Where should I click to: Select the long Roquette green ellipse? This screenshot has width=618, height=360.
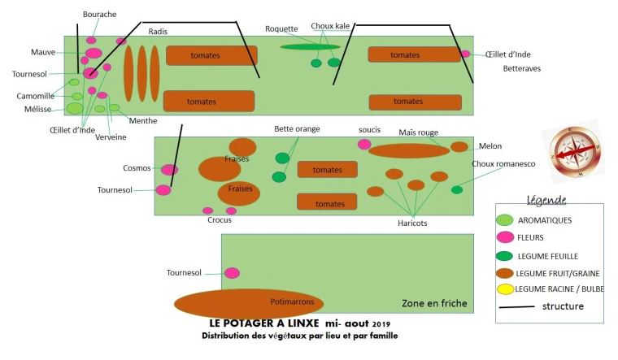click(311, 46)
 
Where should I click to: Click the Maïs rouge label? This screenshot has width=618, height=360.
click(419, 132)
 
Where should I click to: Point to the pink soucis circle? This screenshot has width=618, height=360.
click(364, 144)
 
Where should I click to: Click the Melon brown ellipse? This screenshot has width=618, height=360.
click(459, 147)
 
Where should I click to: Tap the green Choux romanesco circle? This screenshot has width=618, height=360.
click(457, 190)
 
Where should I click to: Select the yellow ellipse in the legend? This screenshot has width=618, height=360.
click(505, 289)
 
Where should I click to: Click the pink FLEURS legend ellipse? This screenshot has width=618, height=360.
click(505, 237)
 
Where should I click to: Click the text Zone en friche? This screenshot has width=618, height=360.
click(434, 303)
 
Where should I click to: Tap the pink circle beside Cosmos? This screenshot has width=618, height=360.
click(169, 170)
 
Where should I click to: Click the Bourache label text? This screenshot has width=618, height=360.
click(99, 14)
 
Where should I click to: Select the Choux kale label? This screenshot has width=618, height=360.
click(330, 26)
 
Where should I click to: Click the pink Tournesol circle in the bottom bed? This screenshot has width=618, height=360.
click(233, 273)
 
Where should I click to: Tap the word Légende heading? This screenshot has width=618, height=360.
click(546, 200)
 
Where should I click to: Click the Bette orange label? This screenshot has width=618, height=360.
click(297, 128)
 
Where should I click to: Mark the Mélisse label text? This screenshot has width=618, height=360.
click(38, 108)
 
